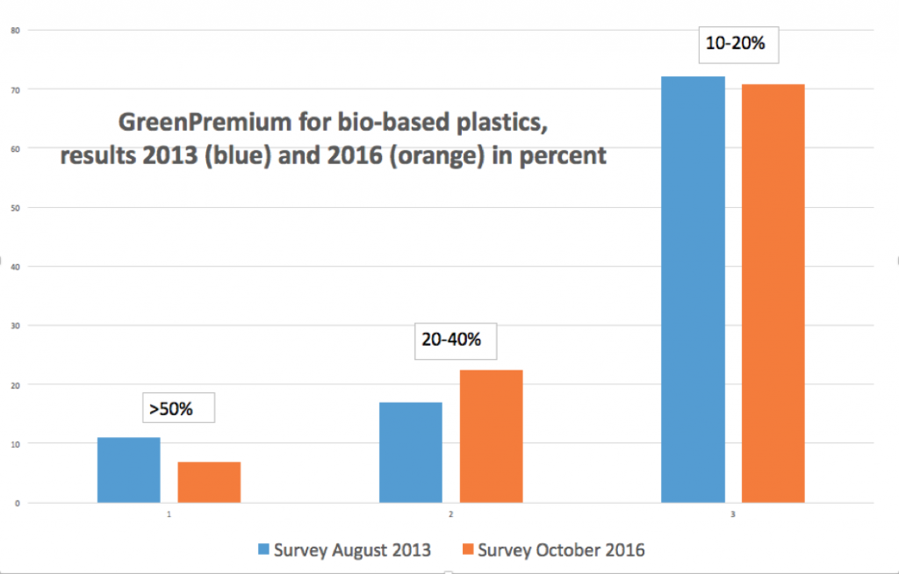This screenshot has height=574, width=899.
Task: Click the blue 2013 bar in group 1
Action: [x=128, y=470]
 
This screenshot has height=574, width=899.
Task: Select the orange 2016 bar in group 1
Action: [x=209, y=482]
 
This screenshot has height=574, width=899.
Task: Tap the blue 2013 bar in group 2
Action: [x=410, y=452]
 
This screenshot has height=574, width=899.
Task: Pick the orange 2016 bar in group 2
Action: [x=491, y=436]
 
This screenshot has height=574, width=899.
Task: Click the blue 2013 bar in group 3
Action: [x=693, y=290]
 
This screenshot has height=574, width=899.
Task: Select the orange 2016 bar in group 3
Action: [x=773, y=293]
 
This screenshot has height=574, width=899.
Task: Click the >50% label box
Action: [x=178, y=408]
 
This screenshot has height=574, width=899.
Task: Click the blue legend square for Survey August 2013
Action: [x=262, y=550]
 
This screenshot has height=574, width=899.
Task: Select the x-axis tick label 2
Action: [x=450, y=514]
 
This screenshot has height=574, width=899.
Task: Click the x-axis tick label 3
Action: [x=732, y=514]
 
